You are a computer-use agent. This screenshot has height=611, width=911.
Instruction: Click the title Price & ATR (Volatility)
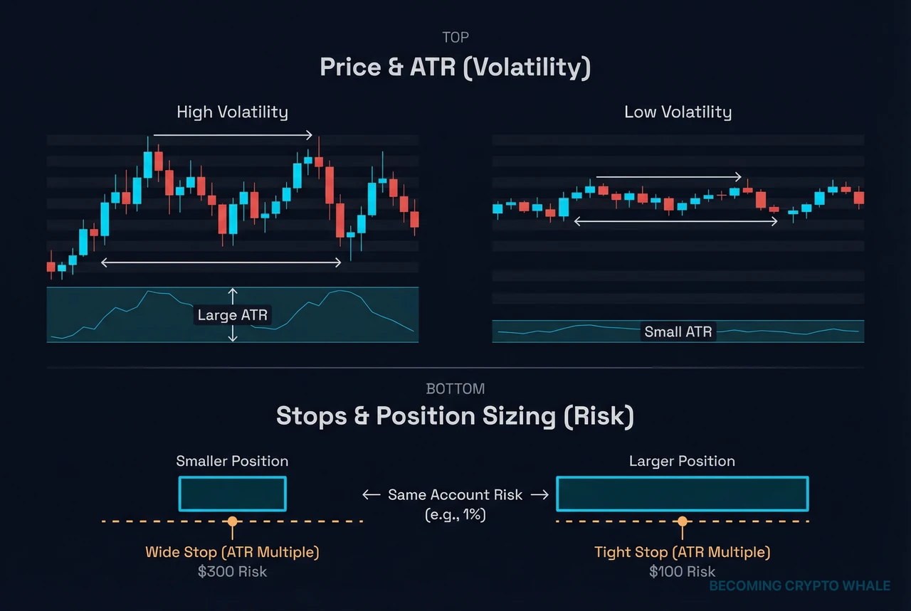coord(455,67)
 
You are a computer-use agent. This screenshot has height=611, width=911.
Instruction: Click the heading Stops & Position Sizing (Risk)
coord(455,416)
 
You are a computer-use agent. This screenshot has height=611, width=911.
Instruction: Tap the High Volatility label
coord(232,112)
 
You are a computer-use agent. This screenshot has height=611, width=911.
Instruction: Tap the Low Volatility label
coord(678,112)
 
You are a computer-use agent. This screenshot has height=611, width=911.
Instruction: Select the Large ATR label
coord(232,314)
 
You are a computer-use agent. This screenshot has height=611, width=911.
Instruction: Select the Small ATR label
coord(678,331)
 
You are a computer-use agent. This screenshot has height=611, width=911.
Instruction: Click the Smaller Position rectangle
coord(232,494)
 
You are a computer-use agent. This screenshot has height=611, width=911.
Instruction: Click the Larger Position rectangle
coord(682,494)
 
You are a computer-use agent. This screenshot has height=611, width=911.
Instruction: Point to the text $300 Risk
coord(232,571)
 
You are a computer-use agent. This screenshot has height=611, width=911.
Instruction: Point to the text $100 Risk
coord(682,571)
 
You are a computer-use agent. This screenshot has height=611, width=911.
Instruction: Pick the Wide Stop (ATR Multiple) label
coord(232,552)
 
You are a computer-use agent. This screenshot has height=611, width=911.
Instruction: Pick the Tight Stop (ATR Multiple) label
coord(682,552)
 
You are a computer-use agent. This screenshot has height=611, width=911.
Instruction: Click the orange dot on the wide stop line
coord(232,521)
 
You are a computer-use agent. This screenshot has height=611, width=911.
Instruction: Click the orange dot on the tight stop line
coord(682,521)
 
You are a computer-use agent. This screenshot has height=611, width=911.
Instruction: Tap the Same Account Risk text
coord(455,494)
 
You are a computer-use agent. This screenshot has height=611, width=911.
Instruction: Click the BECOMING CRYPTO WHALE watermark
coord(800,586)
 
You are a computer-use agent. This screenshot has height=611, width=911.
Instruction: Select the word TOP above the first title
coord(455,38)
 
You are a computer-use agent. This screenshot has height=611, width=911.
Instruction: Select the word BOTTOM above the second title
coord(455,389)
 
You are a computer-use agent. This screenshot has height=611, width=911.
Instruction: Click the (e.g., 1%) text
coord(455,514)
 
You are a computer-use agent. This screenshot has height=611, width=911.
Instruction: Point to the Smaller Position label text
coord(232,461)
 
